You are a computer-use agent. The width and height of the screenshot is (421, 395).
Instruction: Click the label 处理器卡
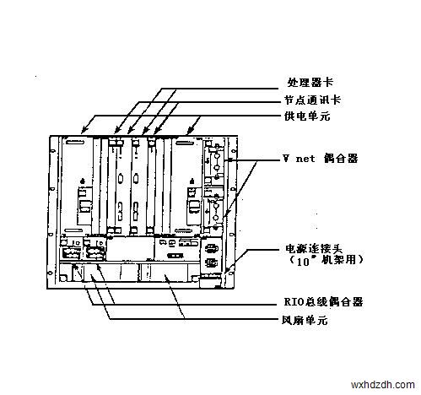coord(310,83)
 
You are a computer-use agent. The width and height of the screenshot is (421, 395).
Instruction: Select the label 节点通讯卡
coord(313,100)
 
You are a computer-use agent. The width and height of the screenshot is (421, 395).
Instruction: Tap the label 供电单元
coord(307,116)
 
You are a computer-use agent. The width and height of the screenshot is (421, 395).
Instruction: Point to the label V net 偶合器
coord(321,159)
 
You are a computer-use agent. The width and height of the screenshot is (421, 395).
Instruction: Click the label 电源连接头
coord(314,248)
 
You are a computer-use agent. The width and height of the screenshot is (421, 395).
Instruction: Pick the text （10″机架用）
coord(326,260)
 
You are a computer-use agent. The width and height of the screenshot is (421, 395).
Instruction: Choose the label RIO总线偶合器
coord(323,302)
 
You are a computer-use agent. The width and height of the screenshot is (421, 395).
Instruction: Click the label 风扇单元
coord(305,320)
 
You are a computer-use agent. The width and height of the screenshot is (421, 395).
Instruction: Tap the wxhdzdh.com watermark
coord(383,385)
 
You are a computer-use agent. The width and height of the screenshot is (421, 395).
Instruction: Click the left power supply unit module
coord(77,186)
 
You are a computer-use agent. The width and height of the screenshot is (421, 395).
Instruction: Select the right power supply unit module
coord(186,186)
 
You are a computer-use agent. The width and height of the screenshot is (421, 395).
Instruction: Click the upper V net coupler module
coord(214,163)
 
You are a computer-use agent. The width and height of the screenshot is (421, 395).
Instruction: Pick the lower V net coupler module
coord(214,208)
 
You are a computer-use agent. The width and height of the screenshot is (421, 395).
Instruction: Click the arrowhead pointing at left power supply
coord(84,130)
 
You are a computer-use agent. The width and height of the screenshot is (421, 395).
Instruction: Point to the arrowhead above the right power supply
coord(190,131)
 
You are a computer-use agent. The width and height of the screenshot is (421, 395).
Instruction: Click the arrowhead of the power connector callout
coord(227,269)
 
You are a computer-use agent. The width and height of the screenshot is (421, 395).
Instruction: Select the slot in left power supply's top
coord(74,143)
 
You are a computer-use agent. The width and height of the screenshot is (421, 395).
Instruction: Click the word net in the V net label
coord(305,159)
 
